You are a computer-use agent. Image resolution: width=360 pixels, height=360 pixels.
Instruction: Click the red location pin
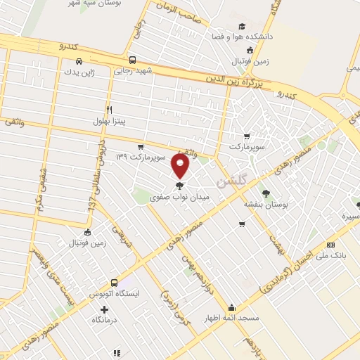(181, 167)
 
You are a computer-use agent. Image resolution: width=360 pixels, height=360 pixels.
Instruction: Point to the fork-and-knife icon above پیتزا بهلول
(109, 110)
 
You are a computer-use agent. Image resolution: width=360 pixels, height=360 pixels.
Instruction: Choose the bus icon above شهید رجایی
(132, 60)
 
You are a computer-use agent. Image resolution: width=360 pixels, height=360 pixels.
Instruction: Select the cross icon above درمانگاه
(105, 309)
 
